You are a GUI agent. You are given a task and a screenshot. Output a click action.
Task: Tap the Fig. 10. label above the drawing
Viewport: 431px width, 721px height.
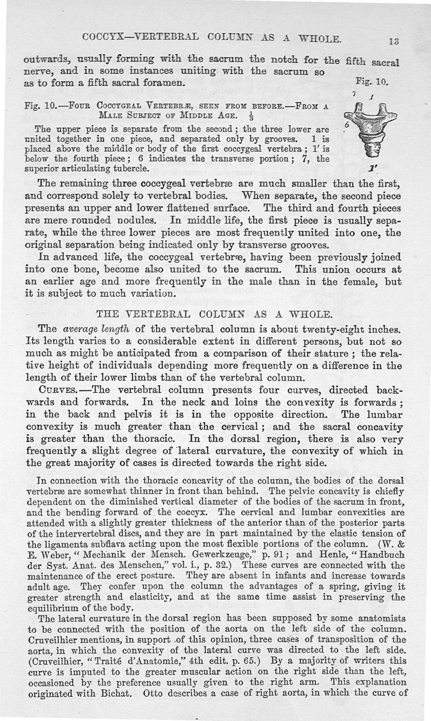372,82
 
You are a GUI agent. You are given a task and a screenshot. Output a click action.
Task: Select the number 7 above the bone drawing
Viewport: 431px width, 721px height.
354,94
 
